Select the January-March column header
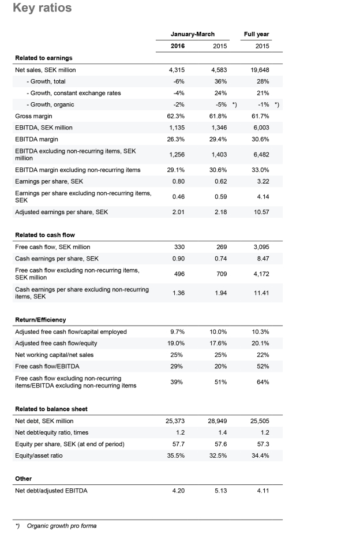[x=193, y=34]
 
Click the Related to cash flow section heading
[x=44, y=235]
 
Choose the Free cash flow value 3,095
[x=261, y=247]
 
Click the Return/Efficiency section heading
[x=40, y=319]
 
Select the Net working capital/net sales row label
[x=54, y=354]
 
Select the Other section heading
[x=24, y=479]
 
